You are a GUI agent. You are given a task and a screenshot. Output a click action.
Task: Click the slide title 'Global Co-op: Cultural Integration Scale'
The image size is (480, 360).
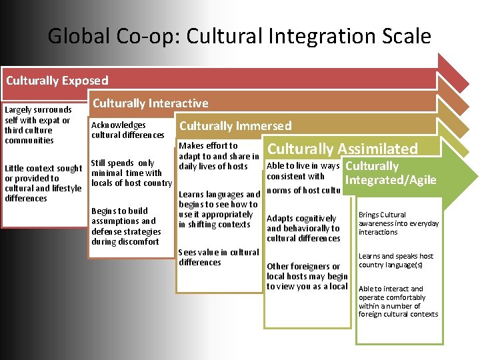pos(239,36)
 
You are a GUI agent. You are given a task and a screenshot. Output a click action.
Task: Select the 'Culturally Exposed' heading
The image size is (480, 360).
pos(57,81)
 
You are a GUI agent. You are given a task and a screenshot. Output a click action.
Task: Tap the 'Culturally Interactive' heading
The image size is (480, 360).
pos(150,103)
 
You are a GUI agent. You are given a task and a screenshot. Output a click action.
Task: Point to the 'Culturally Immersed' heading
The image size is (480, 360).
pos(235,126)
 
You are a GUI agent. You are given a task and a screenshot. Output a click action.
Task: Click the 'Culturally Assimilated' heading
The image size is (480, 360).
pos(342,149)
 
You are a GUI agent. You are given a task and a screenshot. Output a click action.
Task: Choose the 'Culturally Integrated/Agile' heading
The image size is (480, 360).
pos(391,173)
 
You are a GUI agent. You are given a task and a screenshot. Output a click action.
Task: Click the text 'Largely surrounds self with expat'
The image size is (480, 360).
pos(37,125)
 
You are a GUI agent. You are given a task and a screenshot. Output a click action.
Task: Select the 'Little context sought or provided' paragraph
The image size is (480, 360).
pos(43,183)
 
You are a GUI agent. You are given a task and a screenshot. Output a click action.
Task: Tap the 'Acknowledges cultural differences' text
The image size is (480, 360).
pos(127,130)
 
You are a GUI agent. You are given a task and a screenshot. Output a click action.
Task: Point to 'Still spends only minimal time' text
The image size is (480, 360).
pos(131,173)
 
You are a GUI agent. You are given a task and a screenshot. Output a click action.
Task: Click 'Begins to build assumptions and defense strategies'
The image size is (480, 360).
pos(125,226)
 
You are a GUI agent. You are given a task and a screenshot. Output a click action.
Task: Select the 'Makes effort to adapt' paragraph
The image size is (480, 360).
pos(219,156)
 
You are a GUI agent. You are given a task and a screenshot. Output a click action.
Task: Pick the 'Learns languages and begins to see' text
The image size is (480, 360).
pos(219,209)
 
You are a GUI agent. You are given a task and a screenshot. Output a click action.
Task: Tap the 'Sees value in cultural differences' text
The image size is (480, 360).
pos(219,257)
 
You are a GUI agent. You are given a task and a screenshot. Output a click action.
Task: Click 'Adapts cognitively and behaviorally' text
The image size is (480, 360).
pos(303,228)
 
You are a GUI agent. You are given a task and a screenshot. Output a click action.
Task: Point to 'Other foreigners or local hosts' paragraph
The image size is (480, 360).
pos(307,276)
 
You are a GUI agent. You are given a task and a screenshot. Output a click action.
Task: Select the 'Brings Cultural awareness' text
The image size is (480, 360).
pos(398,223)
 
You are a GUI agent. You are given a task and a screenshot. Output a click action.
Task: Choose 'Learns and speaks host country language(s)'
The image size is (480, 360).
pos(396,260)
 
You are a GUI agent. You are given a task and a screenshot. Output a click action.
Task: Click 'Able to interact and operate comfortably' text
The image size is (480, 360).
pos(398,301)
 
